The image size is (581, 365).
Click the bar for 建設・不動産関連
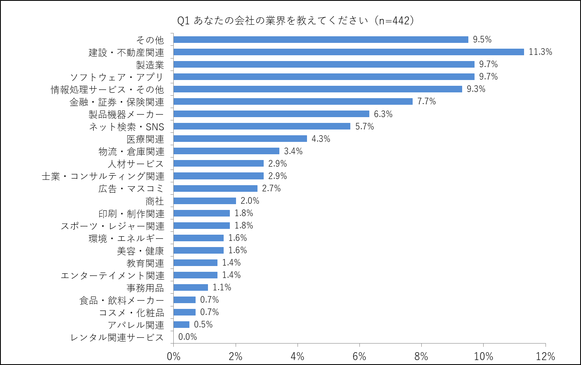(x=349, y=52)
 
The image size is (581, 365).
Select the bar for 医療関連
(x=240, y=139)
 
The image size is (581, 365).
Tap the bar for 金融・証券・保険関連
(x=293, y=101)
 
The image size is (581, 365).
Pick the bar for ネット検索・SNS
(x=262, y=126)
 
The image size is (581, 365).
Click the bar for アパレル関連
(x=182, y=325)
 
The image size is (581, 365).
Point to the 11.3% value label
(x=540, y=52)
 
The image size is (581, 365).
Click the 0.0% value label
(x=187, y=337)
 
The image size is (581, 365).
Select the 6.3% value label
(x=383, y=114)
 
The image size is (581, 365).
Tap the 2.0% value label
(x=250, y=201)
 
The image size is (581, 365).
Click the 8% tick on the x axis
(x=421, y=356)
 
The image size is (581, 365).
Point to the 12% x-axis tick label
(x=545, y=356)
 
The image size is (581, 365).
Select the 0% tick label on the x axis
(x=174, y=356)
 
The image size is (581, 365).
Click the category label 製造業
(x=150, y=65)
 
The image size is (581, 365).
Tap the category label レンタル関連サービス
(x=117, y=337)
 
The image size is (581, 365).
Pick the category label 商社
(x=155, y=201)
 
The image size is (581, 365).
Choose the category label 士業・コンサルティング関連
(x=103, y=177)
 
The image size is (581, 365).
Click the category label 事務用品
(x=145, y=288)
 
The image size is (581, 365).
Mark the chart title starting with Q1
(x=295, y=20)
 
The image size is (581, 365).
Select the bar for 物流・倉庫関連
(x=227, y=151)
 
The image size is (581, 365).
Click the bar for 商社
(x=205, y=201)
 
